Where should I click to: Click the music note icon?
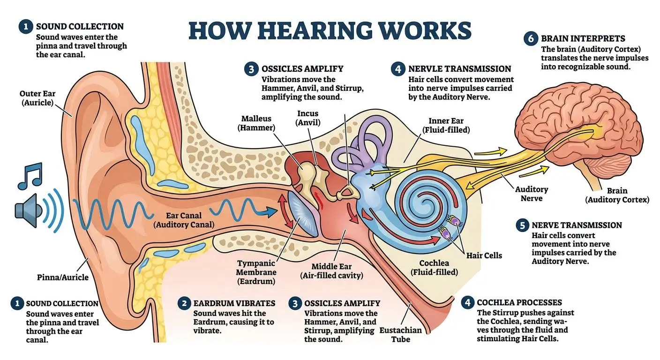click(30, 176)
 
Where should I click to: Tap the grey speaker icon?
click(28, 210)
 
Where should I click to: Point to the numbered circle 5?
click(522, 225)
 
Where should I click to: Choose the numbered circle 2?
click(184, 303)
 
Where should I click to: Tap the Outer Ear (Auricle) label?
click(37, 98)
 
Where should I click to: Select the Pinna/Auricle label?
click(62, 277)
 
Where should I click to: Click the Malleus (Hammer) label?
click(256, 123)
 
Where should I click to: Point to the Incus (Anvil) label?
click(307, 118)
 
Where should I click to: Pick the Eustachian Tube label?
click(400, 335)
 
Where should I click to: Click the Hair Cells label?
click(484, 255)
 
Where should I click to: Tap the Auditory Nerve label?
click(531, 194)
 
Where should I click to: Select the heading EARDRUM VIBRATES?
click(234, 303)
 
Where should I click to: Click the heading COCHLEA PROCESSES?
click(519, 302)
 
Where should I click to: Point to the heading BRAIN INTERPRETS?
click(583, 38)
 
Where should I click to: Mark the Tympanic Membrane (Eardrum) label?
click(256, 272)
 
